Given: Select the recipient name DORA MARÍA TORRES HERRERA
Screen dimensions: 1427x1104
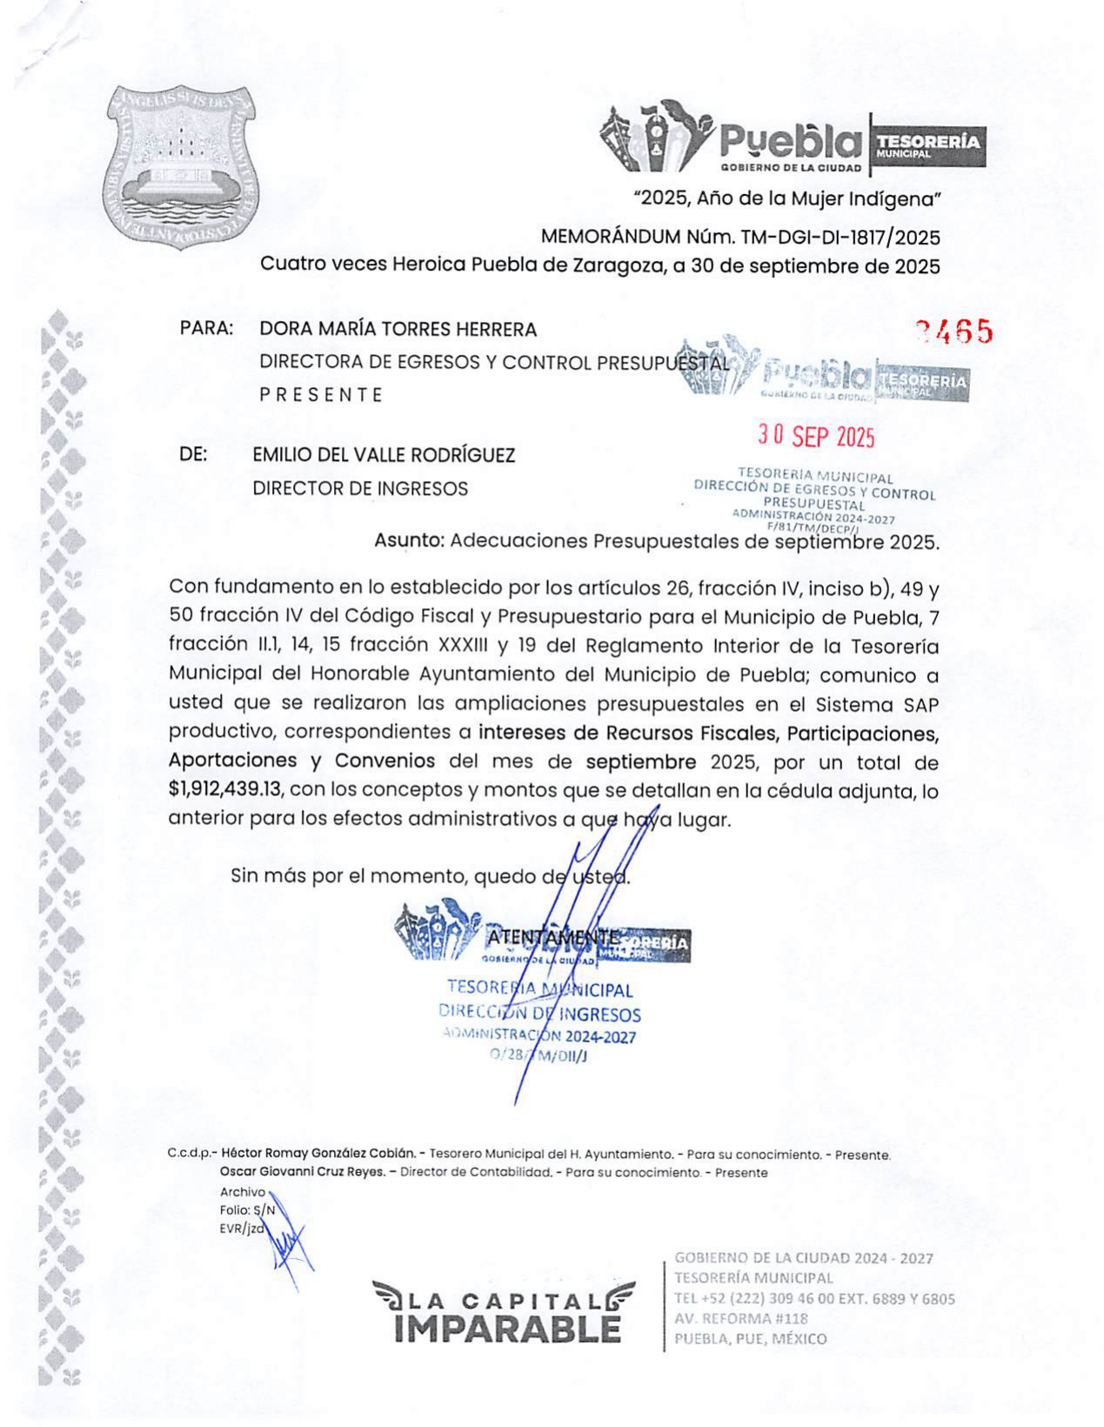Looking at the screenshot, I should pos(398,330).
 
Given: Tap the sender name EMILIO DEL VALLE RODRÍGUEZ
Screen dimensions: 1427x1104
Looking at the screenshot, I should pos(384,455).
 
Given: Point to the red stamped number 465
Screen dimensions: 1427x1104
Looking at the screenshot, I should pos(954,332).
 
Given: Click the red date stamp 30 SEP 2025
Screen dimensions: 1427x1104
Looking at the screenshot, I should pos(815,437).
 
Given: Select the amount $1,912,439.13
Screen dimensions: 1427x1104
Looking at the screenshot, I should pos(226,790).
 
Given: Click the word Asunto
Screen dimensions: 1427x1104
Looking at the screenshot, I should pos(408,541).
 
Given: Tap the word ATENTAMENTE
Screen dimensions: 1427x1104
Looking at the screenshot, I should pos(553,937).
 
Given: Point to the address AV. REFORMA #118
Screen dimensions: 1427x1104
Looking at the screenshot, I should pos(741,1318).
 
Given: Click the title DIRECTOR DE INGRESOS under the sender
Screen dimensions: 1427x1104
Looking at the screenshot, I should pos(360,489).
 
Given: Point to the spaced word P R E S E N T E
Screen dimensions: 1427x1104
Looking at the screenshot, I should pos(321,395).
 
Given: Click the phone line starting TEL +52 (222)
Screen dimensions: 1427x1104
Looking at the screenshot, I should pos(814,1298).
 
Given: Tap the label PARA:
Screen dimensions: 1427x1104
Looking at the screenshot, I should pos(206,329).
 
